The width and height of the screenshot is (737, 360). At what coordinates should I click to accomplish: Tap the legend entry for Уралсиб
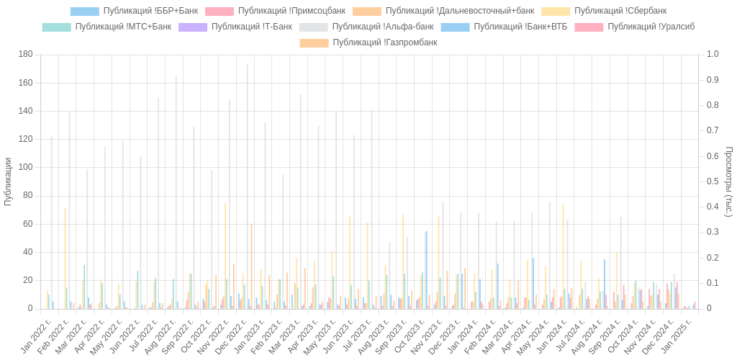click(651, 27)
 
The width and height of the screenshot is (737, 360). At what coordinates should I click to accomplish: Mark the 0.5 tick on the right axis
click(712, 181)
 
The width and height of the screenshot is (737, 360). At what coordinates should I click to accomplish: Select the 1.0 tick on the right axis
click(712, 54)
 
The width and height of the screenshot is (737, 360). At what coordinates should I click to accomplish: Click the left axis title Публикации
click(9, 181)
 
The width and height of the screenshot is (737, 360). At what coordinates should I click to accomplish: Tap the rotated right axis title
click(728, 181)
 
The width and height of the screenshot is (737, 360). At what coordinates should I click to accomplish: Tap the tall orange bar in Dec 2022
click(251, 266)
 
